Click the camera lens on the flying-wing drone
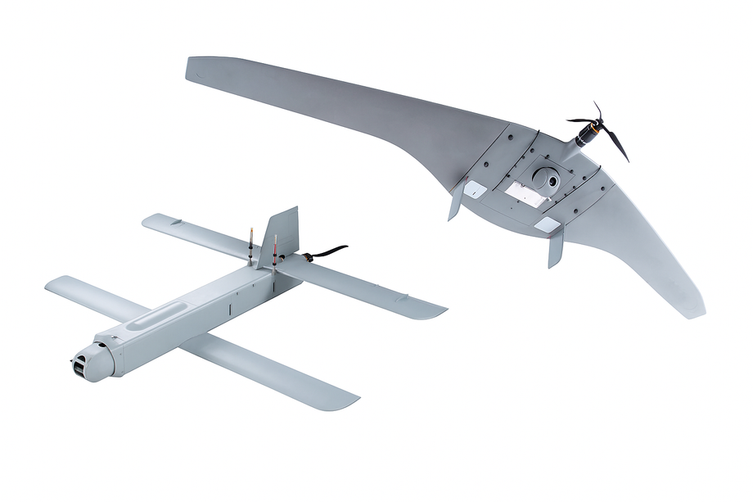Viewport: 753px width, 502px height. point(550,178)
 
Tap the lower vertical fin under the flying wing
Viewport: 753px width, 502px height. point(556,247)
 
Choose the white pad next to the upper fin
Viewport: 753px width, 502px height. point(475,188)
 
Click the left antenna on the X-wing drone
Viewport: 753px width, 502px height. point(251,240)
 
